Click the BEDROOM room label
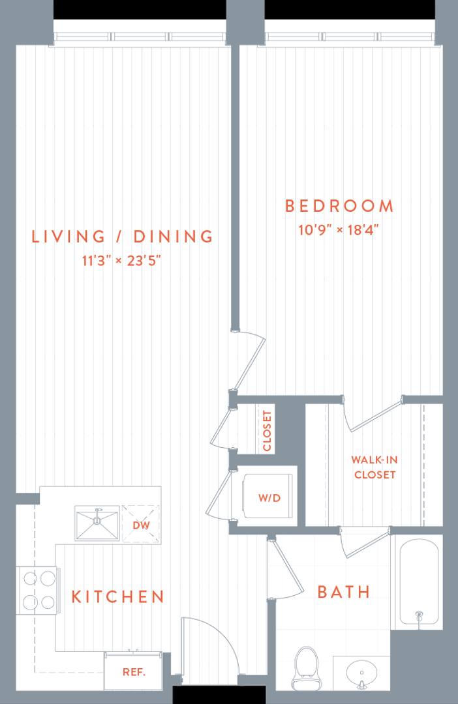pos(339,206)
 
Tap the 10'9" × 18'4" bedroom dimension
pos(339,230)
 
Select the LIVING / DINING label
pos(122,236)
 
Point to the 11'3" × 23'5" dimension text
pos(121,260)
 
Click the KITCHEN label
pos(117,596)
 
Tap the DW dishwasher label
pos(141,525)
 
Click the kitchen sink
pos(97,523)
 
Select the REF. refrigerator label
pos(134,672)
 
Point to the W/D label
pos(269,498)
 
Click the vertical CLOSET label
pos(267,431)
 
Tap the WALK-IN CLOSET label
pos(374,467)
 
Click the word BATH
pos(344,592)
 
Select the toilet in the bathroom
pos(307,667)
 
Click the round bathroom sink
pos(361,673)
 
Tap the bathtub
pos(419,581)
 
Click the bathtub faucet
pos(420,615)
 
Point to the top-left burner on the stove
pos(30,578)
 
